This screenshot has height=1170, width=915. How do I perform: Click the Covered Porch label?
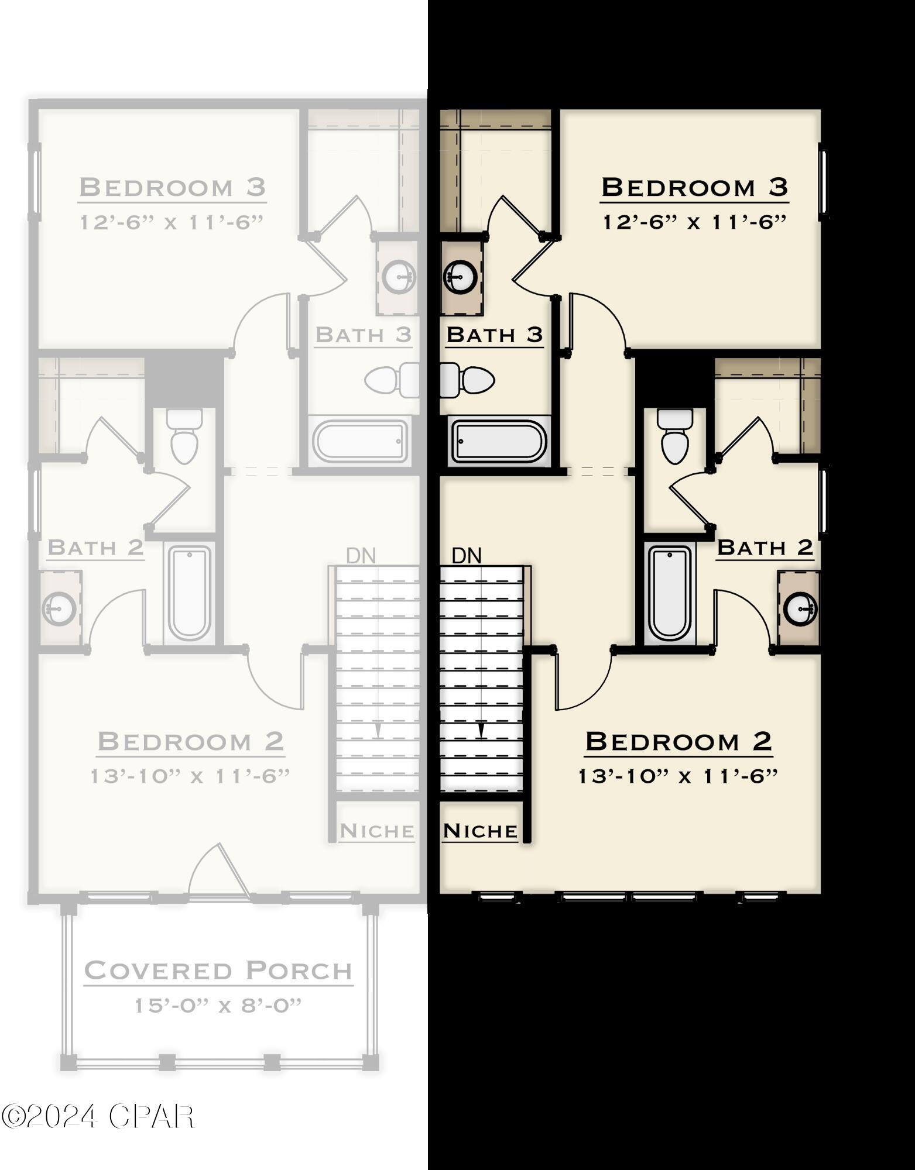218,971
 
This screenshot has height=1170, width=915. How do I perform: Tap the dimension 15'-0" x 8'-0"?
218,1006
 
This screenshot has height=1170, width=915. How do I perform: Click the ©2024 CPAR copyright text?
97,1117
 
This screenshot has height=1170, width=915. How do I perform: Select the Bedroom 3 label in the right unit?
694,187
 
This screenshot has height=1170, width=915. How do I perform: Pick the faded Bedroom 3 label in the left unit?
172,187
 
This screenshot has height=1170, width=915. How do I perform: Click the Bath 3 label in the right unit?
495,335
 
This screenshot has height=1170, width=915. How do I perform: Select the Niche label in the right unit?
480,831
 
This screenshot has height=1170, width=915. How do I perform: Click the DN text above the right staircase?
467,556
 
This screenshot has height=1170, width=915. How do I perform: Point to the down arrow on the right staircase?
481,731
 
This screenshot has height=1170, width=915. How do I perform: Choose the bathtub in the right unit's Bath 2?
670,593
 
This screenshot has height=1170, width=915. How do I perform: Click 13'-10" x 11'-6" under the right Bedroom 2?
678,776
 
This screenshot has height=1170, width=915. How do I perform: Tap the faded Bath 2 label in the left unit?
95,548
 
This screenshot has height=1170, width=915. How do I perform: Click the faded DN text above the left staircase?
361,556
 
